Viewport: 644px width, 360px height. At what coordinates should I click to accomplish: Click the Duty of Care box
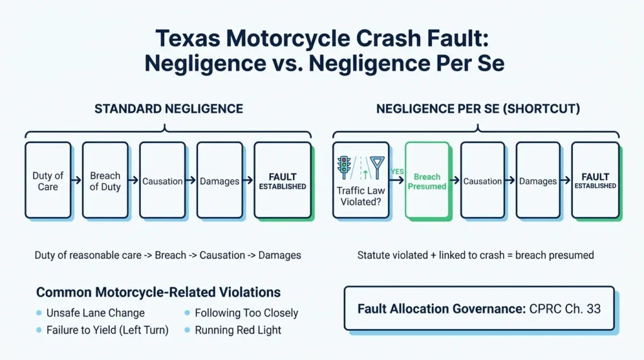(48, 180)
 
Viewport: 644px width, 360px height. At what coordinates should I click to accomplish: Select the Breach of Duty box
(105, 180)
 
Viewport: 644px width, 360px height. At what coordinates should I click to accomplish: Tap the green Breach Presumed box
(427, 180)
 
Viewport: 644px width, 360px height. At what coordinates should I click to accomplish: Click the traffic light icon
(344, 167)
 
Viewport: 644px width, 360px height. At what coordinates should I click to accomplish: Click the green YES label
(397, 171)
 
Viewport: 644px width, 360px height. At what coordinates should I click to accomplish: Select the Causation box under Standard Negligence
(162, 180)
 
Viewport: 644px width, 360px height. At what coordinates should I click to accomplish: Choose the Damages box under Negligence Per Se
(538, 180)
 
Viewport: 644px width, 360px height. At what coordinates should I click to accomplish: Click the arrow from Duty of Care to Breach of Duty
(76, 180)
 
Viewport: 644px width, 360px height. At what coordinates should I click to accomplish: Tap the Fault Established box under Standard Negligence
(282, 180)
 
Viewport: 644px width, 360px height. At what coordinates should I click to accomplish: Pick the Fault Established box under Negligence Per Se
(595, 180)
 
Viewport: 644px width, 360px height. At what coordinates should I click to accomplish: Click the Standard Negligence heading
(169, 109)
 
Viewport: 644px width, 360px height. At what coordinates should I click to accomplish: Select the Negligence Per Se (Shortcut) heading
(478, 109)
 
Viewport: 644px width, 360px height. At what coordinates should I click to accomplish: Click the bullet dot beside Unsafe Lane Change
(39, 313)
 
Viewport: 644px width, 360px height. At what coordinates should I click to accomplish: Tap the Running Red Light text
(238, 330)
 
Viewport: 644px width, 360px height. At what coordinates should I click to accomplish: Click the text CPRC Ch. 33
(565, 308)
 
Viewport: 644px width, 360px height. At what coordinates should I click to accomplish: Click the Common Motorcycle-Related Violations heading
(158, 292)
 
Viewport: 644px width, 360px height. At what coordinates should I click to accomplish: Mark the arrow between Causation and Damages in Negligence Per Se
(510, 180)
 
